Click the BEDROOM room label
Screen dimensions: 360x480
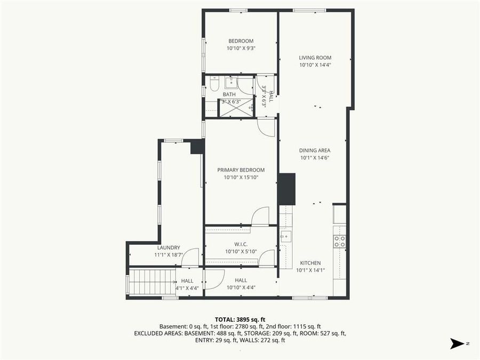tap(241, 41)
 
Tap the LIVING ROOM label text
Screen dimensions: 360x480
tap(315, 58)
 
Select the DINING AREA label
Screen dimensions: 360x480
tap(315, 150)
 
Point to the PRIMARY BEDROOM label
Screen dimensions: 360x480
tap(241, 170)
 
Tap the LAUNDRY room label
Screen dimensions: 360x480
tap(169, 247)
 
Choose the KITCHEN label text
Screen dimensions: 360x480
tap(310, 263)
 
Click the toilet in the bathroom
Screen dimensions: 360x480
tap(214, 85)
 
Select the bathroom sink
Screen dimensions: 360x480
tap(231, 82)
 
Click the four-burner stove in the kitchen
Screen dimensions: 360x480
tap(339, 241)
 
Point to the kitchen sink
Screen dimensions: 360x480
tap(285, 235)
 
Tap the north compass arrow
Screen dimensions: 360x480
tap(457, 343)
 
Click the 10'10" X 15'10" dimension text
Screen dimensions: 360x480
tap(241, 177)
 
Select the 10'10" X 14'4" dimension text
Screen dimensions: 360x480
tap(315, 65)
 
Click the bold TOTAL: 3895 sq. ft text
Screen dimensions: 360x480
tap(240, 319)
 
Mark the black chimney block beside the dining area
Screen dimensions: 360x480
tap(287, 189)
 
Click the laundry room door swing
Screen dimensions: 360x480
tap(191, 257)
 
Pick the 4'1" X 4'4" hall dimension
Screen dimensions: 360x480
tap(187, 288)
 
